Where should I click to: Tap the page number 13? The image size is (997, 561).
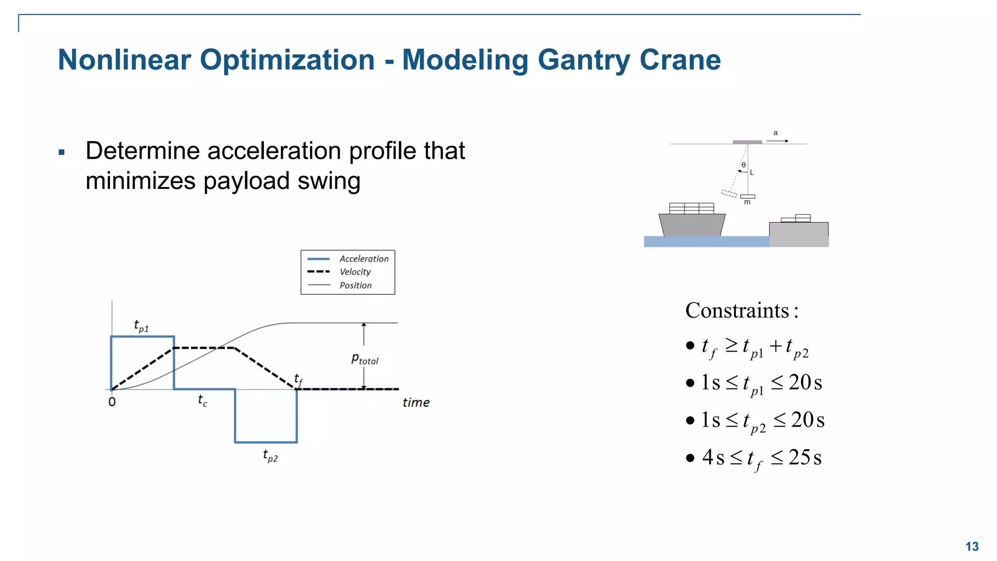pyautogui.click(x=972, y=546)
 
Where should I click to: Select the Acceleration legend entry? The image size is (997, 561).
pyautogui.click(x=364, y=259)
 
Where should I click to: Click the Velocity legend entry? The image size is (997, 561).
pyautogui.click(x=355, y=272)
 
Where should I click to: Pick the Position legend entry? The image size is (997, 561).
pyautogui.click(x=355, y=285)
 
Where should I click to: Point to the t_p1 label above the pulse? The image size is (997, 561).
pyautogui.click(x=141, y=326)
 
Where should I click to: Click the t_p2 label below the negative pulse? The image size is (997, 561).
pyautogui.click(x=270, y=456)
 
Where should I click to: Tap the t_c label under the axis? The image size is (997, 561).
pyautogui.click(x=203, y=400)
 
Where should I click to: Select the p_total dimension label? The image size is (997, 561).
pyautogui.click(x=365, y=359)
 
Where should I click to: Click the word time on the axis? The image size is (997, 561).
pyautogui.click(x=416, y=403)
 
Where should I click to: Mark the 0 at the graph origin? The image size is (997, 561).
pyautogui.click(x=112, y=402)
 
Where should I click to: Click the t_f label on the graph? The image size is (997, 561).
pyautogui.click(x=298, y=379)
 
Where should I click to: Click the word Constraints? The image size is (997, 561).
pyautogui.click(x=737, y=311)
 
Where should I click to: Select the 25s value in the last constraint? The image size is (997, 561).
pyautogui.click(x=805, y=458)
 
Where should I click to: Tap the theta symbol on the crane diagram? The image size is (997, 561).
pyautogui.click(x=743, y=165)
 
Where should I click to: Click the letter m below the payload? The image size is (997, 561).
pyautogui.click(x=747, y=202)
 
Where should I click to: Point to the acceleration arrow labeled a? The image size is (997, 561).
pyautogui.click(x=777, y=140)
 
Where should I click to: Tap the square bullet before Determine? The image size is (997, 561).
pyautogui.click(x=61, y=152)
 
